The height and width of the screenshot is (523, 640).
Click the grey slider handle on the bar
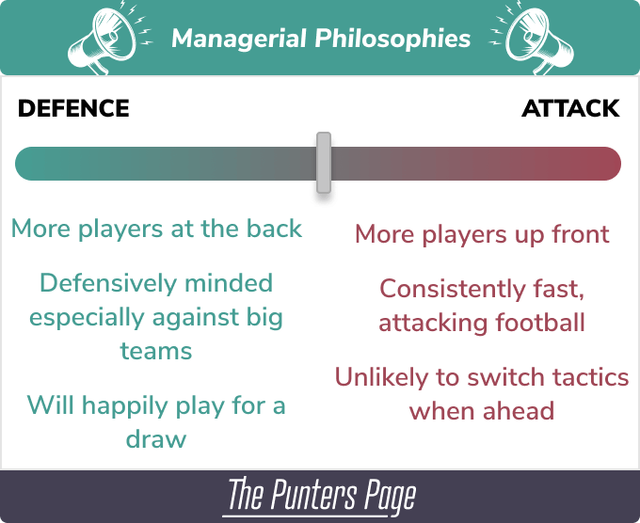tap(324, 163)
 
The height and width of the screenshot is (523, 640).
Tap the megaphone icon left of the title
tap(105, 39)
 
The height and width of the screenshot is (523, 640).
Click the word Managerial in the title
tap(239, 39)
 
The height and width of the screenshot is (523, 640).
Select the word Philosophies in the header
tap(392, 40)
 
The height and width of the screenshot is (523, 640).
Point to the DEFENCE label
tap(73, 108)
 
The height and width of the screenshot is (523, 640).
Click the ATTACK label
tap(570, 108)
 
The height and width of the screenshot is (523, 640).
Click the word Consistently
tap(453, 289)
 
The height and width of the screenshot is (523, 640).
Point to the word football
tap(540, 323)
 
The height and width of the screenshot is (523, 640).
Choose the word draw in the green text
tap(156, 439)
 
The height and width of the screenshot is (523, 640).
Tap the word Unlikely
tap(381, 377)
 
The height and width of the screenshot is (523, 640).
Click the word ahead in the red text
tap(519, 410)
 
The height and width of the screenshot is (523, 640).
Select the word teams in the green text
tap(156, 351)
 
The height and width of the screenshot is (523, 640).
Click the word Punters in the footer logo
tap(314, 495)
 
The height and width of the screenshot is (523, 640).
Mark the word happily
tap(126, 406)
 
